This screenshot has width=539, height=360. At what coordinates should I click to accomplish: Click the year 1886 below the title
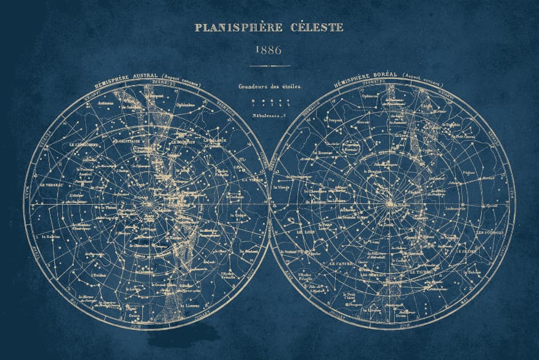pos(269,50)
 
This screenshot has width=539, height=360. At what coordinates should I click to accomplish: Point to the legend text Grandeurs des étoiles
pos(270,87)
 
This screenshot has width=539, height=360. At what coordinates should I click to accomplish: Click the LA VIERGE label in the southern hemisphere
pos(253,179)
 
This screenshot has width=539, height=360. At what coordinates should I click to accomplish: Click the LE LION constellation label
pos(306,232)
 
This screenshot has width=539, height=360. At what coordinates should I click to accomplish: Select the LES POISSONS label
pos(490,232)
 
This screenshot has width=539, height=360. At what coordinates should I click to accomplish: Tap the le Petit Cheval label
pos(466,136)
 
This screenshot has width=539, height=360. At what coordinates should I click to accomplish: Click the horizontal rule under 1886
pos(269,66)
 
